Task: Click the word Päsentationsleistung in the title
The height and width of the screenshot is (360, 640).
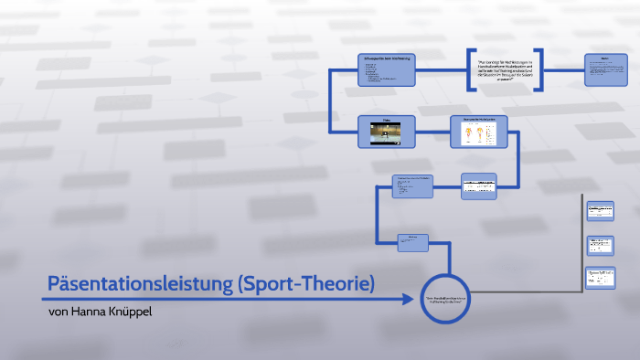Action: pyautogui.click(x=138, y=284)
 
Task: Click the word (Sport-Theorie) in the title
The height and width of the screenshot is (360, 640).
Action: pyautogui.click(x=305, y=284)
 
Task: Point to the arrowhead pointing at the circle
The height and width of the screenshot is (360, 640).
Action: pyautogui.click(x=409, y=298)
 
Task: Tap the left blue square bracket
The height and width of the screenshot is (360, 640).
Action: pyautogui.click(x=470, y=70)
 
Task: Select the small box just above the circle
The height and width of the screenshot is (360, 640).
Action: pyautogui.click(x=412, y=241)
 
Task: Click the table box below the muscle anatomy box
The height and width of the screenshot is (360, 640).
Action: pyautogui.click(x=478, y=186)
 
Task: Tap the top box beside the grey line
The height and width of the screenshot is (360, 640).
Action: pyautogui.click(x=600, y=210)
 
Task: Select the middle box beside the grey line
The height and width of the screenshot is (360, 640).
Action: pyautogui.click(x=600, y=245)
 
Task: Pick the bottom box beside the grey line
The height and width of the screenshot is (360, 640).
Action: pyautogui.click(x=600, y=279)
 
